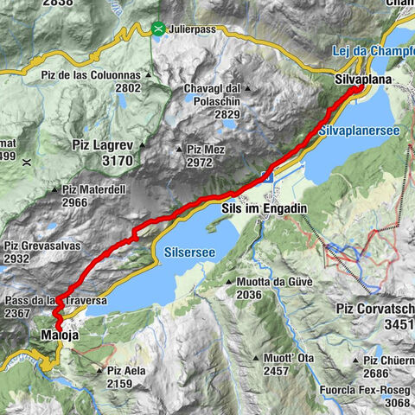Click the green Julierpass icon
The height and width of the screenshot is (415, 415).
158,29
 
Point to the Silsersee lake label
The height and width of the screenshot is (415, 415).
183,252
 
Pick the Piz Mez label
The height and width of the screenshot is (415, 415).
205,150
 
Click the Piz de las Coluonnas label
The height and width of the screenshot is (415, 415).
89,75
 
